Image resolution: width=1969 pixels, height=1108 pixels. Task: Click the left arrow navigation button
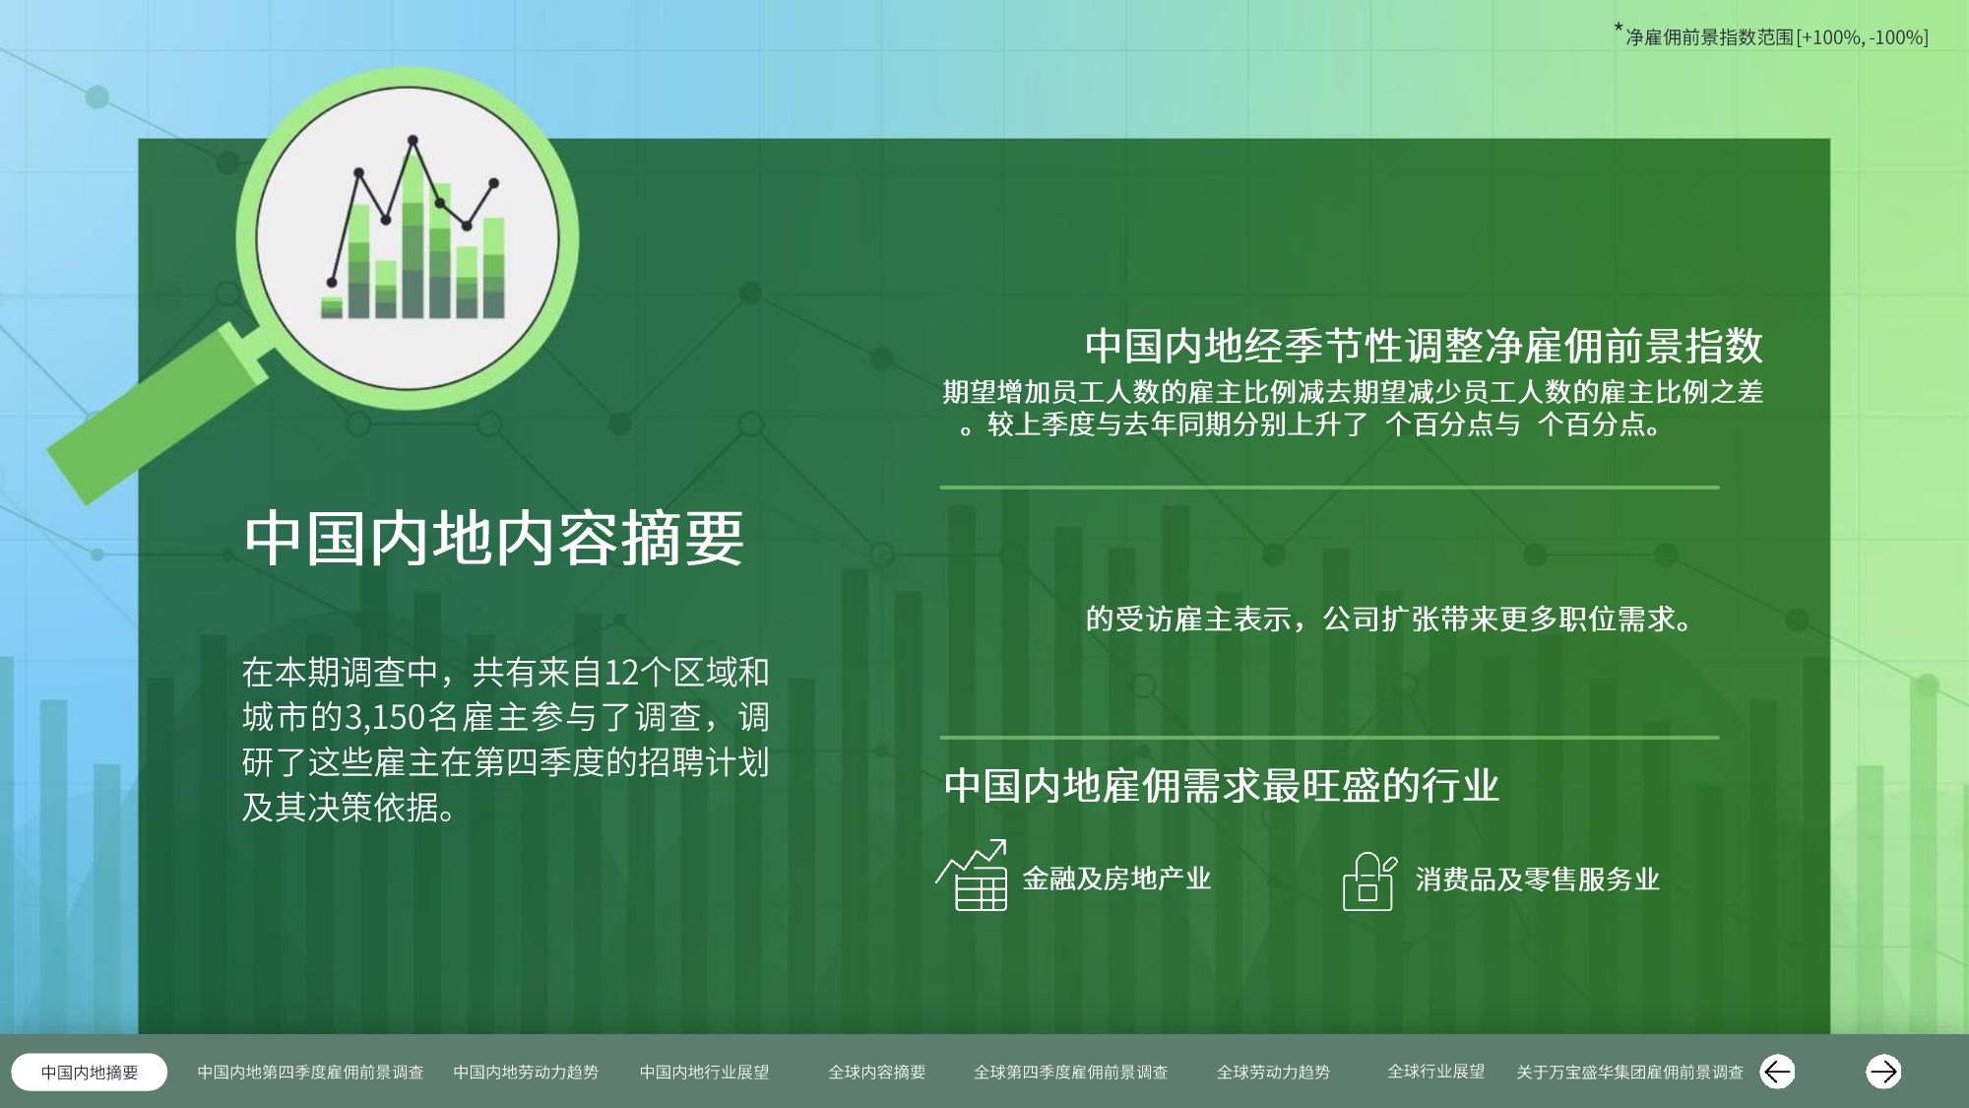[1777, 1072]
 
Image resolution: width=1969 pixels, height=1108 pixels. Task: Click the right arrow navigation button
[1883, 1072]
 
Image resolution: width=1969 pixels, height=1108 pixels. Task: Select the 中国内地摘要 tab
[90, 1072]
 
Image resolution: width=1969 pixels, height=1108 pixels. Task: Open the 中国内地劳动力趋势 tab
[526, 1072]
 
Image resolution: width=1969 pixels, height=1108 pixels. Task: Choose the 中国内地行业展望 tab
[704, 1072]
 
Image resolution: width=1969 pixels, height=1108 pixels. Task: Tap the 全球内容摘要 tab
[877, 1072]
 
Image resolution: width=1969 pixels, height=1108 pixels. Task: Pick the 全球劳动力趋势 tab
[1273, 1072]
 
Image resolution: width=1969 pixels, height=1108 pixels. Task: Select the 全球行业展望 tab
[1436, 1071]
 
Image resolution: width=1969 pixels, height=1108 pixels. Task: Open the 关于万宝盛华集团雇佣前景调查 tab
[1630, 1072]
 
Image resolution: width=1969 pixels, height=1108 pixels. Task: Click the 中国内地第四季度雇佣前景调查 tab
[310, 1072]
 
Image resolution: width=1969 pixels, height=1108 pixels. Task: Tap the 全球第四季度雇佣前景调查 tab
[1071, 1072]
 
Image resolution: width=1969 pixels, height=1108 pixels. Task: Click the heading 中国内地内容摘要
[494, 538]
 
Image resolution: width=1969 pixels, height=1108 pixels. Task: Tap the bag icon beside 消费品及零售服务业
[1369, 881]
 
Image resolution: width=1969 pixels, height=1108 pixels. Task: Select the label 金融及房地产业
[1116, 879]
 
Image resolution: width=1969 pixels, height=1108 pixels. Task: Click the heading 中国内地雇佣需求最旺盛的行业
[1221, 786]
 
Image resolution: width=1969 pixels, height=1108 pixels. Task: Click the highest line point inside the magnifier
[413, 140]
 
